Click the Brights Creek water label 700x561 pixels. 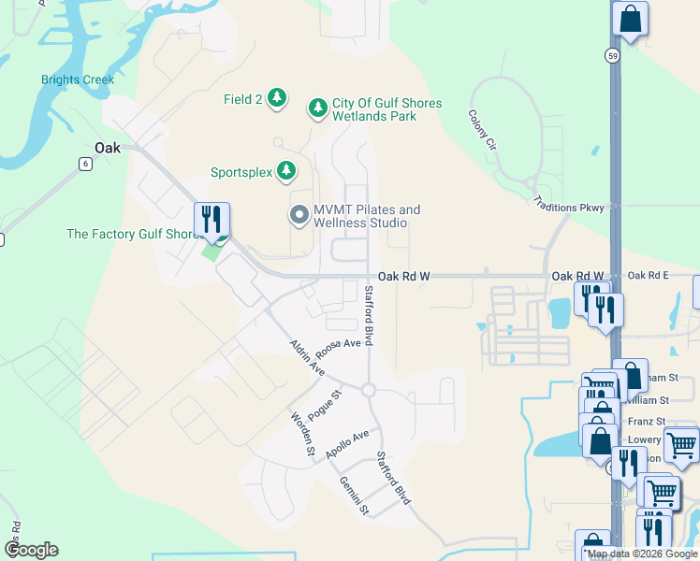[78, 80]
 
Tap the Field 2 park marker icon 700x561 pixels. [277, 97]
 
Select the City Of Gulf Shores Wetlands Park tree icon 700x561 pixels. [318, 108]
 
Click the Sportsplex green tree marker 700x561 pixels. [286, 171]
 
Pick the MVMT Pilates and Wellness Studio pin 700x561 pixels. [299, 216]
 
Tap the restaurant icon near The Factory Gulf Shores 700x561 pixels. [211, 221]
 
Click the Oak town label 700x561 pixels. [108, 148]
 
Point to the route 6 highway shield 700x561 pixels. [85, 164]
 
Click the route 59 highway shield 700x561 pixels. [611, 55]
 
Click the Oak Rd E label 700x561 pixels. [649, 276]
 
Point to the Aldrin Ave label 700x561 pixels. [307, 358]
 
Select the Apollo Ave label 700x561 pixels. [347, 443]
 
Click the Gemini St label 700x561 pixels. [356, 496]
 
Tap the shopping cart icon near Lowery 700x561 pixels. [682, 443]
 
